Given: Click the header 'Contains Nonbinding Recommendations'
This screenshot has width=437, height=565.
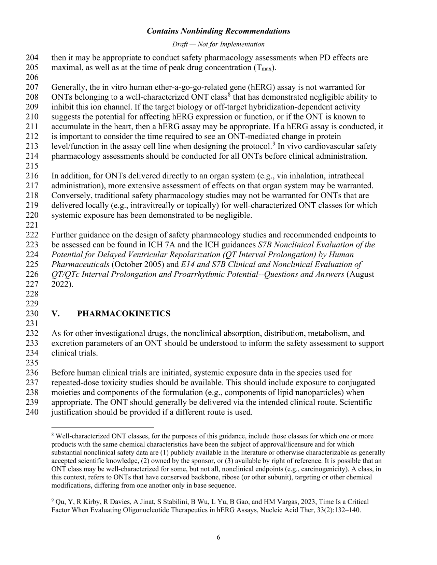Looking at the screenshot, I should click(x=218, y=31).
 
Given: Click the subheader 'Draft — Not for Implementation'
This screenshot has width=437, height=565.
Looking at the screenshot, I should click(x=218, y=44).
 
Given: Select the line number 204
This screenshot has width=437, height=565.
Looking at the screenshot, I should click(x=32, y=58).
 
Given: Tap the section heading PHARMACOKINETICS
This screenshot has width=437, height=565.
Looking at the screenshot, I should click(x=124, y=314).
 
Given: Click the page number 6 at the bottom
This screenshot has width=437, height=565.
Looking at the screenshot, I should click(x=218, y=538).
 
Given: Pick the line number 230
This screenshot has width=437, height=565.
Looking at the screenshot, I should click(x=32, y=314).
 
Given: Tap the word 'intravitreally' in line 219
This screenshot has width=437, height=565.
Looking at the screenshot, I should click(x=153, y=205).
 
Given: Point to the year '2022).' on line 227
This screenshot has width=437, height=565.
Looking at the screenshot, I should click(x=62, y=284).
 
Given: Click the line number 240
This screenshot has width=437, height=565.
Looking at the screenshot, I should click(x=32, y=412).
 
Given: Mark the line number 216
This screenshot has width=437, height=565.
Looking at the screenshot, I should click(x=32, y=176).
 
